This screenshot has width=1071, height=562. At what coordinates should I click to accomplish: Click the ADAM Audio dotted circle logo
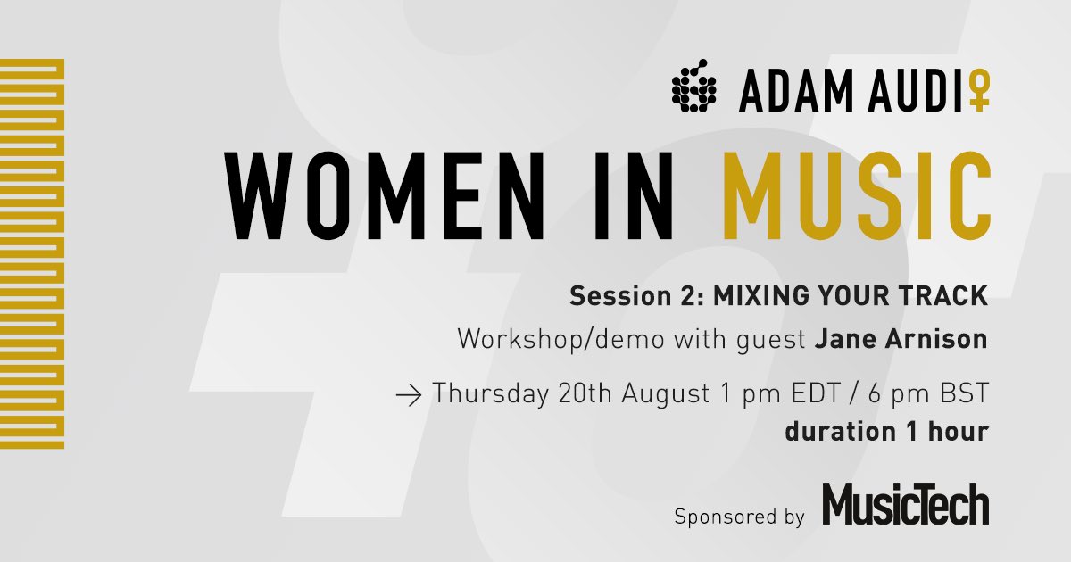click(695, 88)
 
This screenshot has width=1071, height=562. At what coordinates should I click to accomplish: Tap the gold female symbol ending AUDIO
click(979, 92)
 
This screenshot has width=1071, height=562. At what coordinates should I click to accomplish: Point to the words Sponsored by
click(740, 517)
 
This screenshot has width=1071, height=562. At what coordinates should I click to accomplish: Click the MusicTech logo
click(905, 506)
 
